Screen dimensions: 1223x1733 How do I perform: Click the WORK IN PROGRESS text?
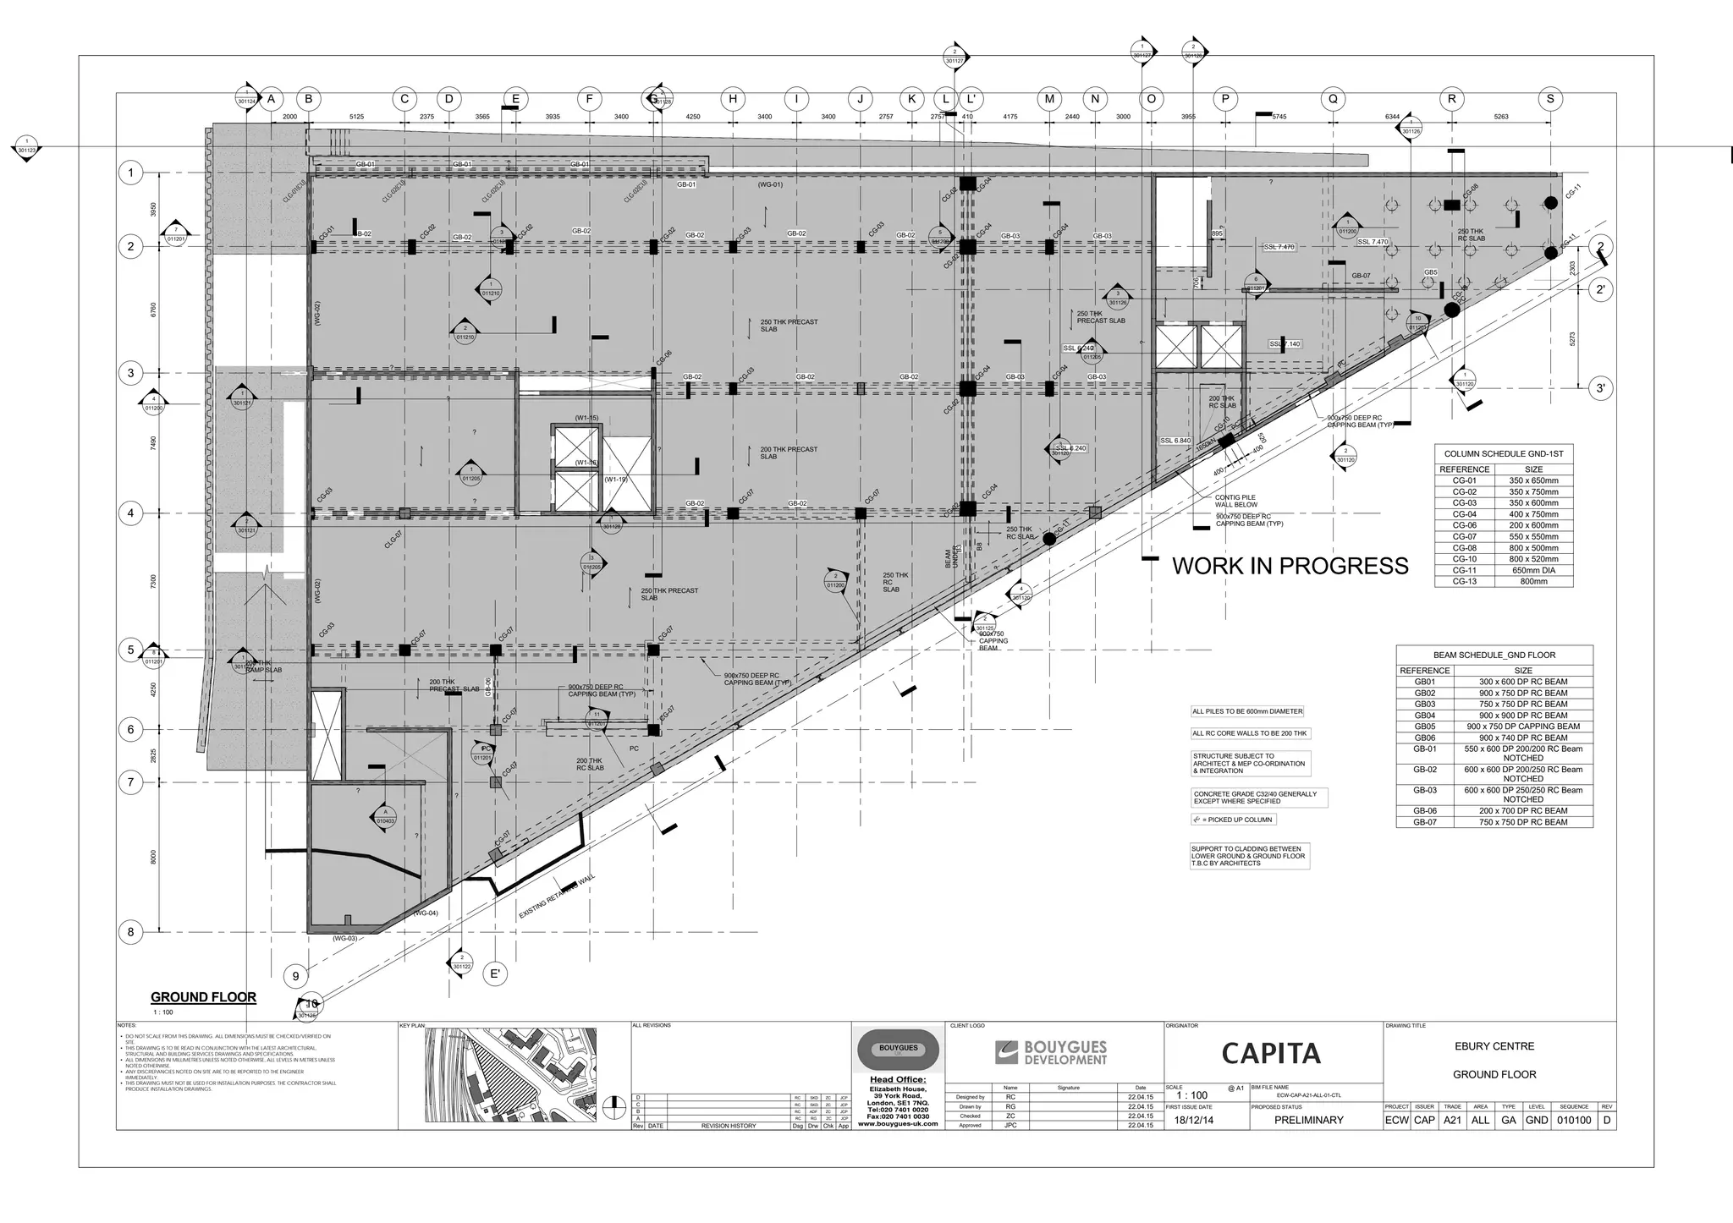(x=1290, y=566)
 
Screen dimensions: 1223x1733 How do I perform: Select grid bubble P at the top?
(x=1225, y=99)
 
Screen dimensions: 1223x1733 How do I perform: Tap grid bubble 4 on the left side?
(x=130, y=513)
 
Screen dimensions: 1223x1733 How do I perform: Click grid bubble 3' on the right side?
(x=1600, y=388)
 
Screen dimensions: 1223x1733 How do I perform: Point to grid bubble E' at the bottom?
(x=496, y=973)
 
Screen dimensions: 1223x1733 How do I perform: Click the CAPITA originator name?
(x=1270, y=1053)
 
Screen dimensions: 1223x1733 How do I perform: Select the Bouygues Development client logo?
(x=1051, y=1053)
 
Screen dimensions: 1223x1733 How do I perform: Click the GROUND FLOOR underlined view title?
(x=203, y=997)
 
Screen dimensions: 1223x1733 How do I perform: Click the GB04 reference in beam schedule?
(x=1425, y=716)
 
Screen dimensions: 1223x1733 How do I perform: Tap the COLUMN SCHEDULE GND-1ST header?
(x=1503, y=454)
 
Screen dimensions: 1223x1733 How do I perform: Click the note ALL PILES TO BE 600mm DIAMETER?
(x=1247, y=711)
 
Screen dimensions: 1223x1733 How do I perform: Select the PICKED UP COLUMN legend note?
(x=1233, y=820)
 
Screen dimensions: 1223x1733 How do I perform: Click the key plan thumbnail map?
(x=510, y=1075)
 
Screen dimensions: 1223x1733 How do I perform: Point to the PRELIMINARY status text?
(x=1308, y=1120)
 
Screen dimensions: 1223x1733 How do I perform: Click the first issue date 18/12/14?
(x=1193, y=1120)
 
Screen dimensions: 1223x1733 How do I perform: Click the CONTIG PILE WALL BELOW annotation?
(x=1236, y=502)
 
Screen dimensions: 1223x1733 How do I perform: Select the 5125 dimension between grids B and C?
(x=356, y=117)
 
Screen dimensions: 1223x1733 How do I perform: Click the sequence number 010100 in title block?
(x=1573, y=1120)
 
